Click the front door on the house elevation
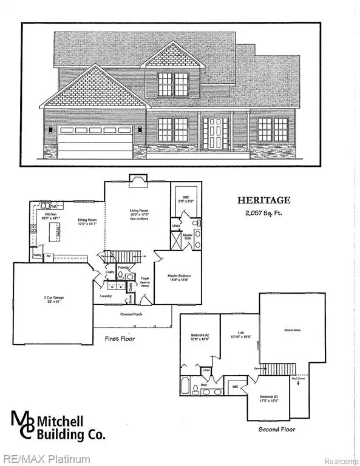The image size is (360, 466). click(x=216, y=134)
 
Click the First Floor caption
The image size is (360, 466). click(x=119, y=338)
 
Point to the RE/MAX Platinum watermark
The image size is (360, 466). click(x=46, y=459)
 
